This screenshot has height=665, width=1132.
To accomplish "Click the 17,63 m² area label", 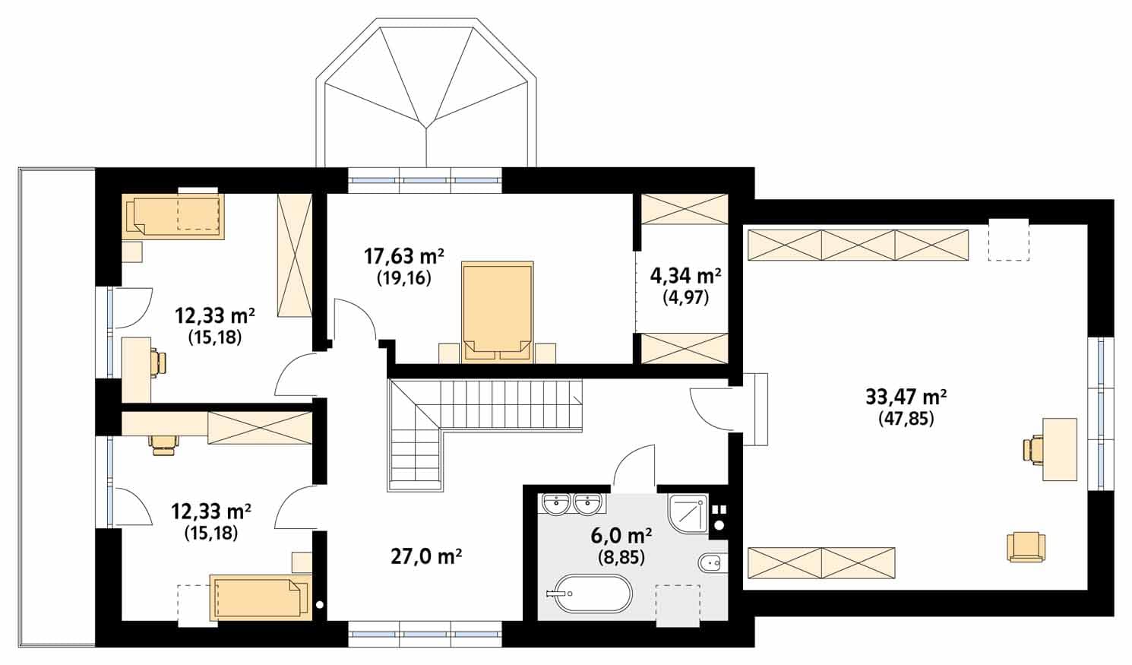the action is [x=403, y=257].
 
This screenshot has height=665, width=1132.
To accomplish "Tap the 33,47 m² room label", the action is [x=906, y=397].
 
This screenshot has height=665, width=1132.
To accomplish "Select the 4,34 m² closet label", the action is [x=685, y=276].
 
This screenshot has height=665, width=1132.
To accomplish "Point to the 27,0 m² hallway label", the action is [x=426, y=557].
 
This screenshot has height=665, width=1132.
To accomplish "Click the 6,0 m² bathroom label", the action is [x=621, y=536].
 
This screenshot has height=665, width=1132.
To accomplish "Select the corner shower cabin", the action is [x=688, y=514].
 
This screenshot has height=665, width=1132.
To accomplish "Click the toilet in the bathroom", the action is [x=712, y=563].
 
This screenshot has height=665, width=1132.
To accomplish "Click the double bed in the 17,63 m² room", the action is [x=498, y=312].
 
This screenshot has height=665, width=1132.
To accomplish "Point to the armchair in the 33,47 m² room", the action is [x=1026, y=546].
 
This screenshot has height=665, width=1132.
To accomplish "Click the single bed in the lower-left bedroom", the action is [x=260, y=597].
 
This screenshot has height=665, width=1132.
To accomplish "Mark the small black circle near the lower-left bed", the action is [x=319, y=604].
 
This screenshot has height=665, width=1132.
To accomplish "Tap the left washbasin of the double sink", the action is [x=558, y=504].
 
